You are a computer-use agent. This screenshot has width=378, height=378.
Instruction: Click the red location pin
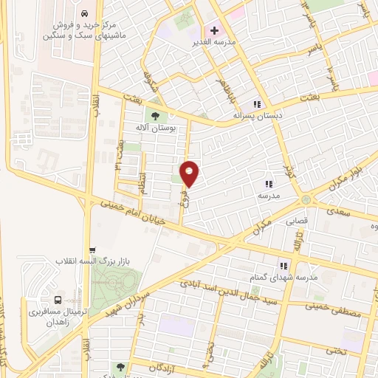[190, 173]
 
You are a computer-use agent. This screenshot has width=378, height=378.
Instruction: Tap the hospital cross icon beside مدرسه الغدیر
[215, 31]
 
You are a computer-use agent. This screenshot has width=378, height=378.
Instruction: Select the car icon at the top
[86, 14]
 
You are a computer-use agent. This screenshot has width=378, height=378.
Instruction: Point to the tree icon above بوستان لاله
[154, 114]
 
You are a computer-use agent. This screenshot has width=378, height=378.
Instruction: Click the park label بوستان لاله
[155, 127]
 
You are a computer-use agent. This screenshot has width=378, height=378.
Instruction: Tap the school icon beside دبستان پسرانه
[258, 104]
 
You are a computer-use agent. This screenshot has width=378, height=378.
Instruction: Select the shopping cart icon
[91, 250]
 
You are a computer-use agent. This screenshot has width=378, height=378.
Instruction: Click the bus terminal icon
[58, 300]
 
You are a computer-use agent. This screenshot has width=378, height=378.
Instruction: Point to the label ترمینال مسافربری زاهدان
[58, 317]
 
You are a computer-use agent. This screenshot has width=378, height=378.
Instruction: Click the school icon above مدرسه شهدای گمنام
[282, 265]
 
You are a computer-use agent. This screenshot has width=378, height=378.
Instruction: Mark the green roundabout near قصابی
[305, 201]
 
